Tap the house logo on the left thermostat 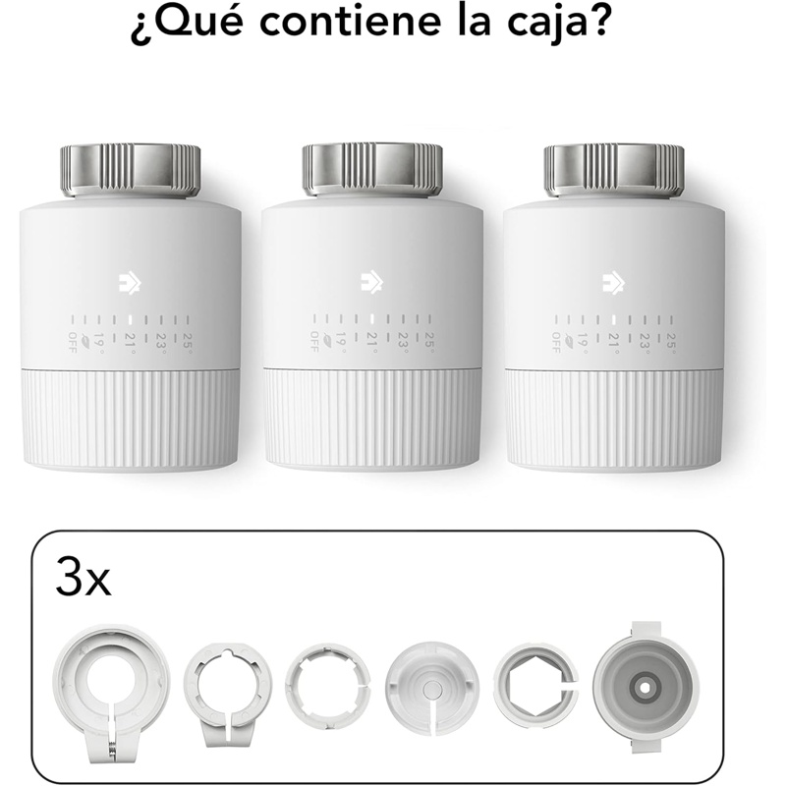[130, 284]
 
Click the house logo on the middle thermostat [372, 284]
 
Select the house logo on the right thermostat [613, 284]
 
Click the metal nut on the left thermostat [131, 170]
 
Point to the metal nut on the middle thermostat [372, 170]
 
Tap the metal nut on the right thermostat [614, 170]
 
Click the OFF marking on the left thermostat [73, 342]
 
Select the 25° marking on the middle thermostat [429, 340]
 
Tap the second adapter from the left [228, 696]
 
